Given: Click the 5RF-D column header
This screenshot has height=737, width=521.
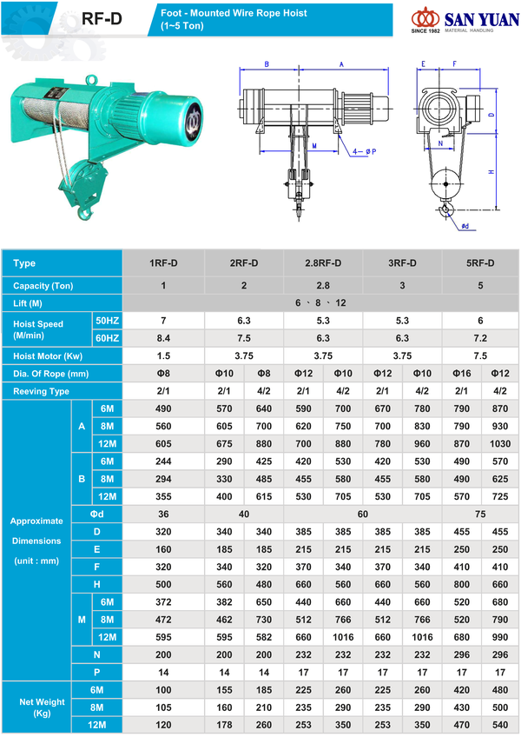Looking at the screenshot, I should (481, 263).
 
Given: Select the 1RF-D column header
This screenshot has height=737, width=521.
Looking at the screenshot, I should (163, 263).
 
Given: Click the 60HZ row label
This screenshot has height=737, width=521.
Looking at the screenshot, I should (107, 337).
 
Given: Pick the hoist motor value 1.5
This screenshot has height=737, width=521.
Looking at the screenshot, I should (163, 355).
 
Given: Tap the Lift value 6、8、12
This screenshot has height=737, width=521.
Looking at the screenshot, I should (321, 302).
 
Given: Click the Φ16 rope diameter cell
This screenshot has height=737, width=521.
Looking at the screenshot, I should (461, 373).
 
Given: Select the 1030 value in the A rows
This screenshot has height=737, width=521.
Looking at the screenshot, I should (500, 443).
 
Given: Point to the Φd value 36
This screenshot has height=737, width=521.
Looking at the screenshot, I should (163, 513).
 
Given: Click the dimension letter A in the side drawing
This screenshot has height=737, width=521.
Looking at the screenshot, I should (341, 64).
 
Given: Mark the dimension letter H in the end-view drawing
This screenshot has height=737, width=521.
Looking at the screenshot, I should (491, 171).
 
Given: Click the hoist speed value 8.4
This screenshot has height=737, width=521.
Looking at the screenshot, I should (163, 337).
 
